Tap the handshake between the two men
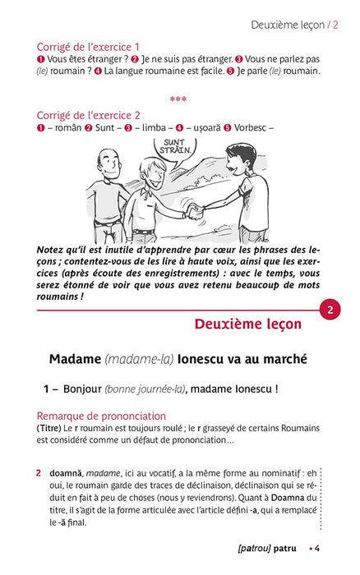click(194, 211)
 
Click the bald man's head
click(109, 163)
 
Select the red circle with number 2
click(330, 310)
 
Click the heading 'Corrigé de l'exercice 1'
click(88, 47)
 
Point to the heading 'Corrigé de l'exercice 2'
click(88, 115)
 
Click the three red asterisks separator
click(178, 99)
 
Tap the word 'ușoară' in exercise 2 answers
click(207, 128)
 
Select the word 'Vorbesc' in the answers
click(251, 127)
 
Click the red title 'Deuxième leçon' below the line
click(248, 324)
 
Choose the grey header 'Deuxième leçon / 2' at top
click(295, 25)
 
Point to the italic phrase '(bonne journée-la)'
click(145, 389)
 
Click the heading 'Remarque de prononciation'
click(101, 416)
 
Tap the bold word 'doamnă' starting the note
click(66, 473)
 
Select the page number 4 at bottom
click(317, 548)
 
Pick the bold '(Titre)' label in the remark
click(48, 428)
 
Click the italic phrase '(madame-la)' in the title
click(139, 359)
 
